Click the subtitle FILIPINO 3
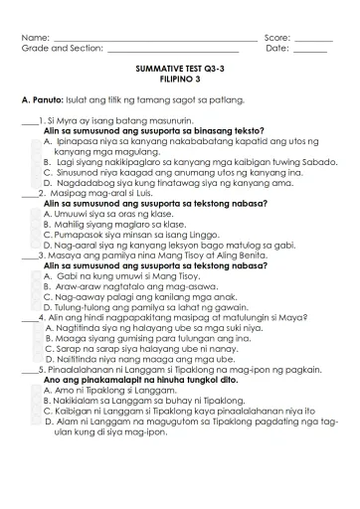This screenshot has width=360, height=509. point(180,78)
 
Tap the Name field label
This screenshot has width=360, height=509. point(35,37)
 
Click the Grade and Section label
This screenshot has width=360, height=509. point(63,48)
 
